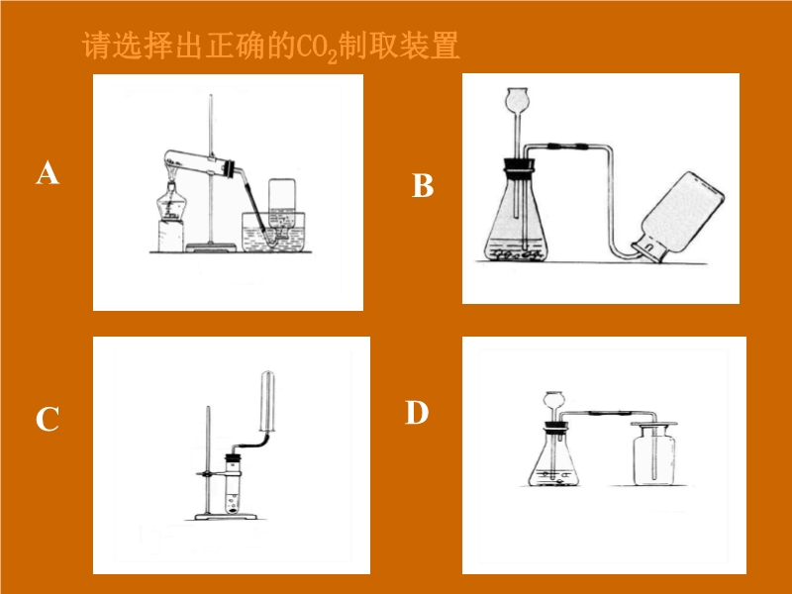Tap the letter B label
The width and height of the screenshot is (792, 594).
(423, 185)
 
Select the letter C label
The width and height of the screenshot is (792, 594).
(47, 419)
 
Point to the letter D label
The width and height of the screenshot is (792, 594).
(417, 412)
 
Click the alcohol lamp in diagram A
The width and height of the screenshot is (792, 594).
(171, 201)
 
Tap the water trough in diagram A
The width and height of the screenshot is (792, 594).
(273, 233)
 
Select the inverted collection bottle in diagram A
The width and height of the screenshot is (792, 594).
(282, 207)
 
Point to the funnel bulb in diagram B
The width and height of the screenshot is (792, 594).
(518, 100)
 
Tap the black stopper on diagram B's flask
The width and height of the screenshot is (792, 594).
(518, 165)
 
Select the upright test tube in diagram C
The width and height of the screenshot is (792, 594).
(233, 486)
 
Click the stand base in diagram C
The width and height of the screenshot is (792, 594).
(226, 516)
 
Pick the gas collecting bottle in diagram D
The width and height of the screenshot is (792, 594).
(653, 453)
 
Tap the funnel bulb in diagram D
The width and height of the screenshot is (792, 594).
(552, 401)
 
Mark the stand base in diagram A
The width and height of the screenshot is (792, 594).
(212, 247)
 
